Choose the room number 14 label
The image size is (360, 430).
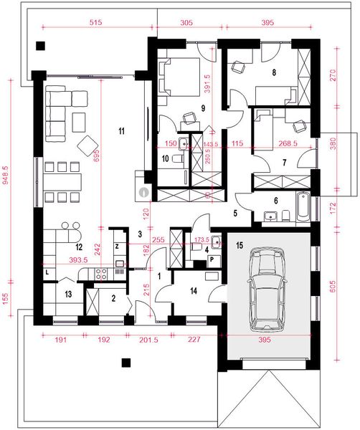click(x=193, y=290)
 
